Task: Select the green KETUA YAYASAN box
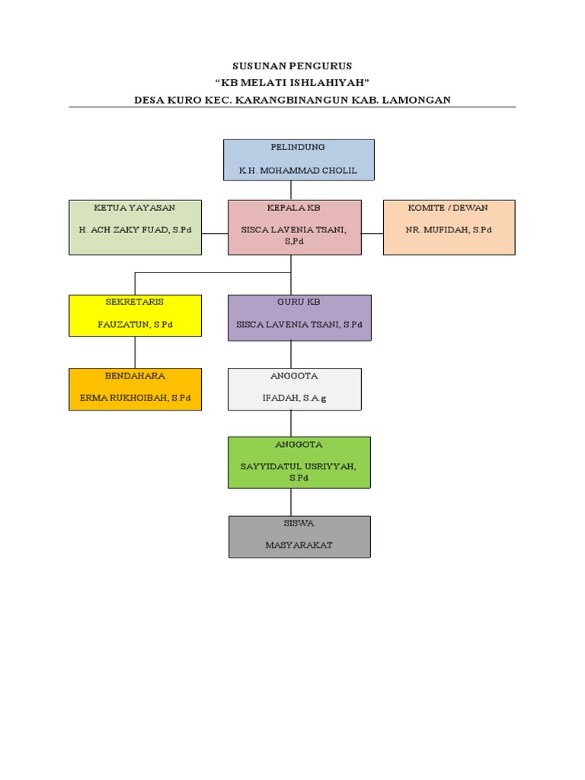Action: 135,227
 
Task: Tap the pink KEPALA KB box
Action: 294,227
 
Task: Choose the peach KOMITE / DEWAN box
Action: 449,227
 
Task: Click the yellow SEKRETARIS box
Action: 135,315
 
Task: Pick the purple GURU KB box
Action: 299,317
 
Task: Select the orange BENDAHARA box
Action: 135,388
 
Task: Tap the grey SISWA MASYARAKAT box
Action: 299,536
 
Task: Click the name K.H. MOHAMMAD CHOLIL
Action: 298,171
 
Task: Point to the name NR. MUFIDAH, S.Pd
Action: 449,229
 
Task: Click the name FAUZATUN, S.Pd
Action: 136,324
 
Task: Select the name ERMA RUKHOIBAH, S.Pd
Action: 136,398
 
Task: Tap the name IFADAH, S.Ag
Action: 293,398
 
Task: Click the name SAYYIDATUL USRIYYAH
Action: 299,466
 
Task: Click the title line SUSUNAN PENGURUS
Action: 292,66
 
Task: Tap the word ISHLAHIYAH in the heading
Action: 327,83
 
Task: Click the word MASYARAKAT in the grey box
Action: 299,545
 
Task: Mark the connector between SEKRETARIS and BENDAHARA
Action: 136,352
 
